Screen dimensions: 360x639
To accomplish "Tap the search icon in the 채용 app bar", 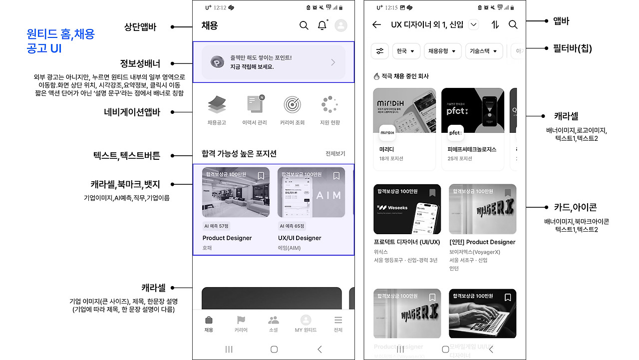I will (x=304, y=25).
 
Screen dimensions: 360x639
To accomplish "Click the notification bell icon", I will (x=322, y=25).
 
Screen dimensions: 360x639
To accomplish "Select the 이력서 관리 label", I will (x=255, y=123).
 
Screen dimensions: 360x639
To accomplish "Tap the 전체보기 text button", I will (x=335, y=154).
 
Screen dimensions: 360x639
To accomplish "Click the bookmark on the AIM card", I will (x=336, y=176).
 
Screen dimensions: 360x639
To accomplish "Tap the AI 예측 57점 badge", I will (x=216, y=226).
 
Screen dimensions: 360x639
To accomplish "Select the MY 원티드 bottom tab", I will (x=306, y=324).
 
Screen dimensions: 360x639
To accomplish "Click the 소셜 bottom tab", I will (x=273, y=324).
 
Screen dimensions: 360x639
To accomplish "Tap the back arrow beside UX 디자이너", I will (x=376, y=24).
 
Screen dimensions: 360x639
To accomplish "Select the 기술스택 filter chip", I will (x=483, y=51).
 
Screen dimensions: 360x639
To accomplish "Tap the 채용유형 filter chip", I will (x=443, y=51).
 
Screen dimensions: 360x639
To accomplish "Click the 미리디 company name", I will (x=386, y=149).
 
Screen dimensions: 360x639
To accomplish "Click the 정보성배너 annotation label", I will (x=140, y=63).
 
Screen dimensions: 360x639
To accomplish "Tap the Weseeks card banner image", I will (x=407, y=209).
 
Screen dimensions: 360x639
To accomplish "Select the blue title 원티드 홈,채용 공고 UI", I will (x=60, y=41).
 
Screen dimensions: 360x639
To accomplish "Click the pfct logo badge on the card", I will (x=455, y=133).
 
